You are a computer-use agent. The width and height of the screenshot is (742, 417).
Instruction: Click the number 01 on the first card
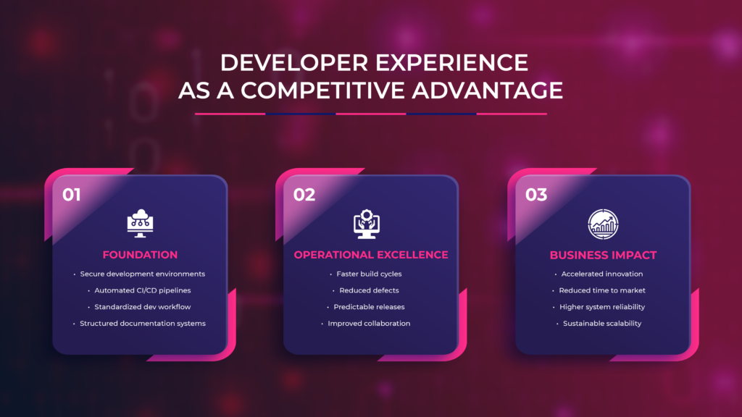point(72,195)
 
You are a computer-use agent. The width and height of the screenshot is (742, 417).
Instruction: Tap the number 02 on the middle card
point(304,195)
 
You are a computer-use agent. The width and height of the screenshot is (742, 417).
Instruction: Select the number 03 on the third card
point(536,195)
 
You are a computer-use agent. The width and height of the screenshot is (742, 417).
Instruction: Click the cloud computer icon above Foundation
point(139,224)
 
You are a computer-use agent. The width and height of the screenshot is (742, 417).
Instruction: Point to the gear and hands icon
point(370,224)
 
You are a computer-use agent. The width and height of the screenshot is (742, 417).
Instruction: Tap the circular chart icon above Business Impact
point(602,224)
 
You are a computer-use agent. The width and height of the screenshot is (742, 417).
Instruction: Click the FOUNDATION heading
point(140,255)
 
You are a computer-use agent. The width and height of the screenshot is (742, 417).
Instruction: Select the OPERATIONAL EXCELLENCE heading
point(371,255)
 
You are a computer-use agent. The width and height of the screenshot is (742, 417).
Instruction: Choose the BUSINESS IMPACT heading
point(603,255)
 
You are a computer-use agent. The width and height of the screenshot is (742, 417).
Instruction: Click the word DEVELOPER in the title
point(285,63)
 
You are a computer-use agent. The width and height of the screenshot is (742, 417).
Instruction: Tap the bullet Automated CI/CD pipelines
point(142,290)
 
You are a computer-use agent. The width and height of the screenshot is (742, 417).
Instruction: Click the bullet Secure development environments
point(143,274)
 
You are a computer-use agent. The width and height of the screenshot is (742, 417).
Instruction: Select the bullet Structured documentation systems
point(143,324)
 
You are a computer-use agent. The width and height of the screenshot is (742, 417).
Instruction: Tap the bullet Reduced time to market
point(602,290)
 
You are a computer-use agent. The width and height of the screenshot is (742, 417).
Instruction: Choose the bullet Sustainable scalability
point(602,324)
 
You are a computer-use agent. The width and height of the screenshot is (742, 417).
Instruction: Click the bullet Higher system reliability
point(602,307)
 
